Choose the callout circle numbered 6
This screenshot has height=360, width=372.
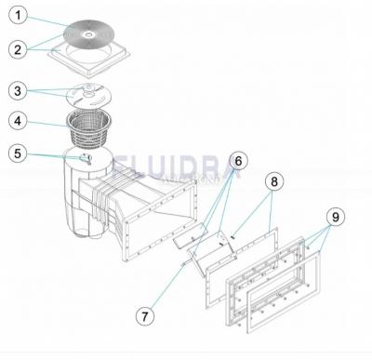point(238,161)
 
